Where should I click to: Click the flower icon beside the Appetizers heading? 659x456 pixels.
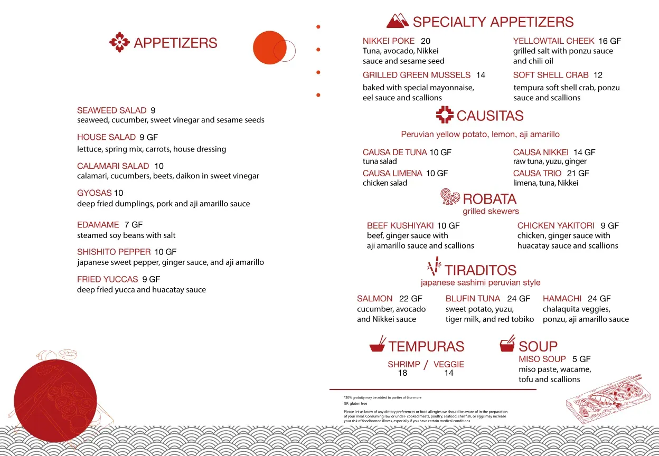(119, 42)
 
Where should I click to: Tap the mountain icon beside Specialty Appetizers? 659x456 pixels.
(398, 21)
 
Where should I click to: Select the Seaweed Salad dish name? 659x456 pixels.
(111, 110)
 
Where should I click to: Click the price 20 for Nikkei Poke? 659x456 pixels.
(426, 41)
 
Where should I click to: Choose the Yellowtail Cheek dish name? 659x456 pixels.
(553, 41)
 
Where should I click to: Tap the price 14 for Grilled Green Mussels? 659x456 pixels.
(481, 75)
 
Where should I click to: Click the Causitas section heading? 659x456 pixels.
(490, 116)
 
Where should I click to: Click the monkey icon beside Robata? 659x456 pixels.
(450, 197)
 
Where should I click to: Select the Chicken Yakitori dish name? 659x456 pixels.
(556, 225)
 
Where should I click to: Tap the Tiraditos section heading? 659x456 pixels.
(481, 270)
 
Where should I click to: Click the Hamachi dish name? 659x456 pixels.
(562, 299)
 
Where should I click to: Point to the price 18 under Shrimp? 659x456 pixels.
(402, 373)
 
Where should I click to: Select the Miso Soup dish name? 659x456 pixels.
(542, 359)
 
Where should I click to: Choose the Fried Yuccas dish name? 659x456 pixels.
(107, 279)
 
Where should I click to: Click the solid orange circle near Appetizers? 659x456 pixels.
(269, 47)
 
